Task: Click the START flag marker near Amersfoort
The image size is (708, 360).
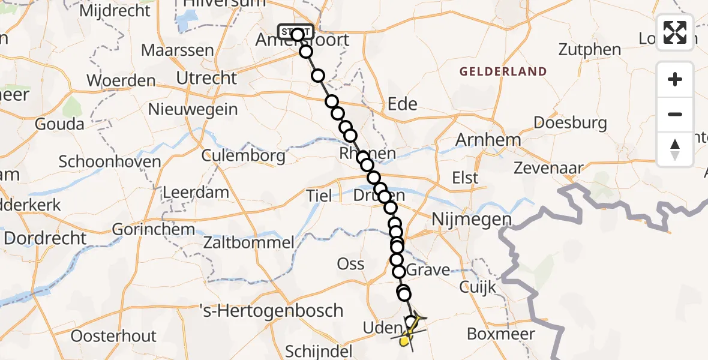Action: [295, 31]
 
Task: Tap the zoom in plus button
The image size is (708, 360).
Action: [675, 79]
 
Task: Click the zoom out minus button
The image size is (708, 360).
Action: [675, 114]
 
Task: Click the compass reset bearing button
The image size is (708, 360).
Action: [675, 149]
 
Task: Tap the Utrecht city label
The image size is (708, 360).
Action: [206, 78]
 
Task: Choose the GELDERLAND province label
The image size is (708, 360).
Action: [503, 71]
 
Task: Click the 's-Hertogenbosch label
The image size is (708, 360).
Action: [271, 310]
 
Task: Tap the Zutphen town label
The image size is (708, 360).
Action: [589, 49]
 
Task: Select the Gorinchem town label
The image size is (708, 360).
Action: [154, 229]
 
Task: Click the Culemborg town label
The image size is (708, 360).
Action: [244, 156]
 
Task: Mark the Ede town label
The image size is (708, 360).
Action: [403, 104]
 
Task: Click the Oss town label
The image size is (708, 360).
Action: [351, 263]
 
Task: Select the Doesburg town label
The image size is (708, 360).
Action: [571, 122]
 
